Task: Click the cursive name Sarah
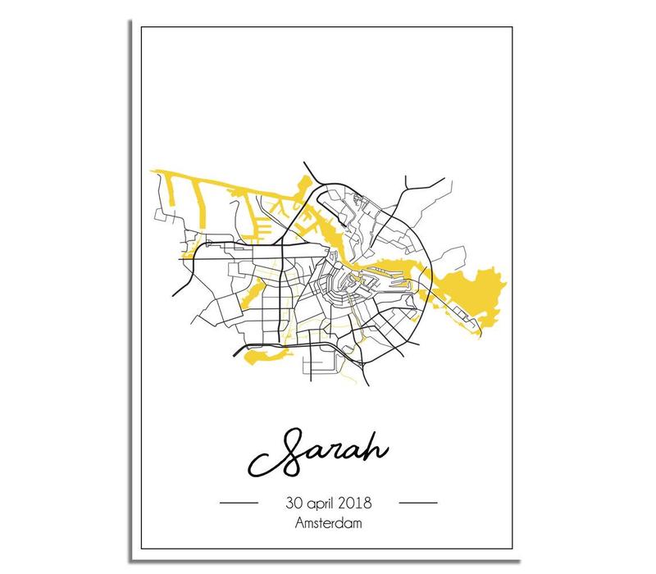[329, 453]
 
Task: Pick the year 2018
[361, 501]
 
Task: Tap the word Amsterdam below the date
[328, 521]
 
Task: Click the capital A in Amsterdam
[294, 521]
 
